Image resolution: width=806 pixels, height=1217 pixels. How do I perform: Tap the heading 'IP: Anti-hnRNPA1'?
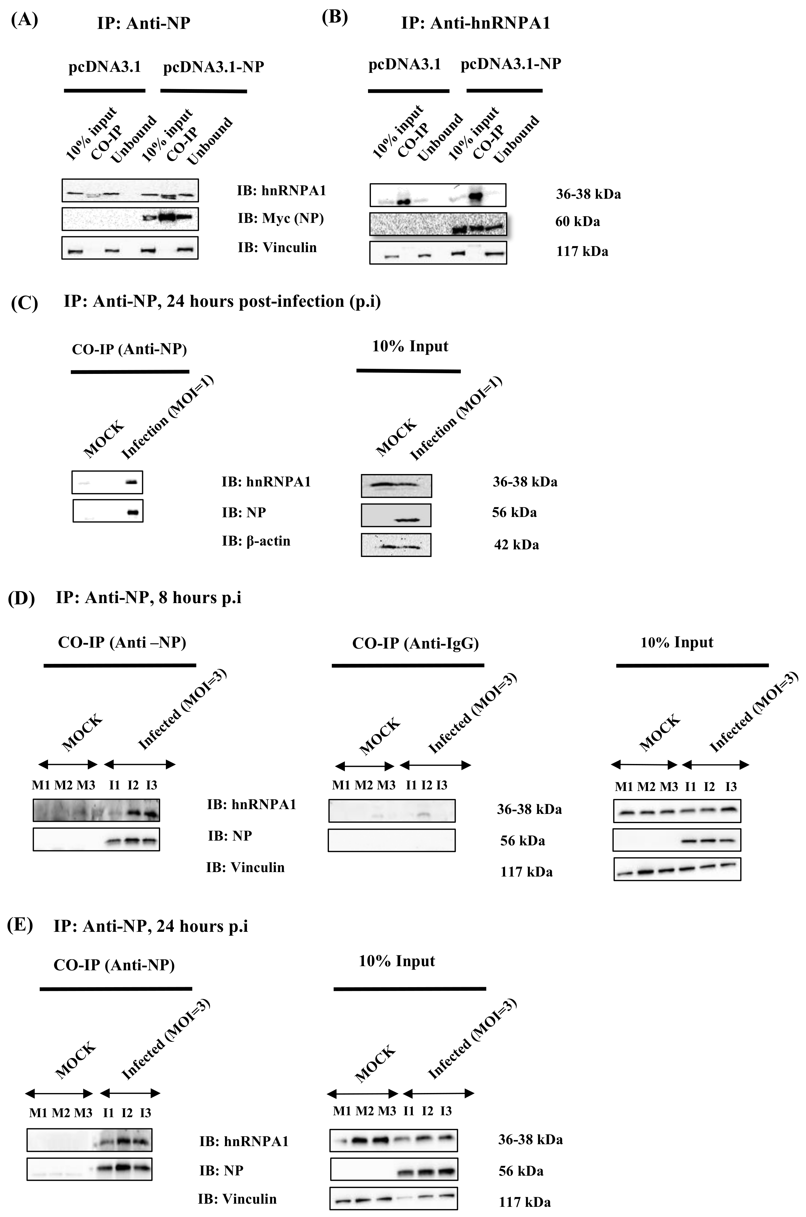(475, 23)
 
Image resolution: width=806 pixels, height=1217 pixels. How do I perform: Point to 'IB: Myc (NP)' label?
(281, 218)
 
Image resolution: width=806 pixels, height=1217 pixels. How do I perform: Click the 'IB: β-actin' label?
(256, 541)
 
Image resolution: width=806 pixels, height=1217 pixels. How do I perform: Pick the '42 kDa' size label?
(516, 545)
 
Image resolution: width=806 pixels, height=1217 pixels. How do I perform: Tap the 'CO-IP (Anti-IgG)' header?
(415, 643)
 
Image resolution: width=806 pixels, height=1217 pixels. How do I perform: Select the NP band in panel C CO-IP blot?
(133, 512)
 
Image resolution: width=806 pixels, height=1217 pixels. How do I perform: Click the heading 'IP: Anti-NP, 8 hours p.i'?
(148, 597)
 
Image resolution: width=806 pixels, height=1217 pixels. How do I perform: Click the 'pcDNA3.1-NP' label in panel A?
(213, 67)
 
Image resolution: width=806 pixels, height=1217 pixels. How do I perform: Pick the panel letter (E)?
(21, 925)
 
